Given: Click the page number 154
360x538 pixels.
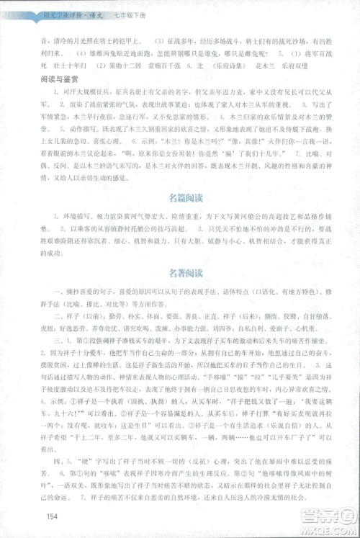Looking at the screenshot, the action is point(50,515).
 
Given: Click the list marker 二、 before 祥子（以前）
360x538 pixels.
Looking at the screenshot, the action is point(50,315).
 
